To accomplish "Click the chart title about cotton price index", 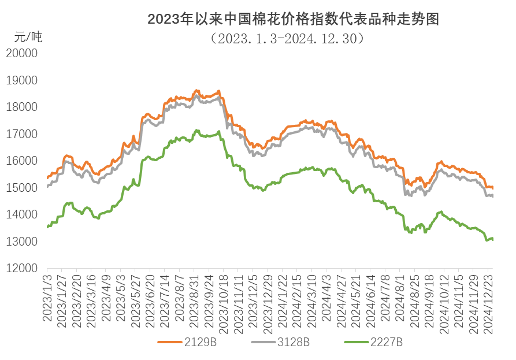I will point(294,20).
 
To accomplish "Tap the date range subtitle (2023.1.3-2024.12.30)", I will point(287,38).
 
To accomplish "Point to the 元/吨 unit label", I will point(28,38).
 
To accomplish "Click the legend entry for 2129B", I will point(188,342).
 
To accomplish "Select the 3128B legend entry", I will point(281,342).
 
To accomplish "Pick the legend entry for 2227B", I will point(373,342).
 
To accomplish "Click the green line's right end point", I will point(492,238).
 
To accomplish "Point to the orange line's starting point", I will point(47,178).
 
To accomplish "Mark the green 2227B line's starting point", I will point(47,227).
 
